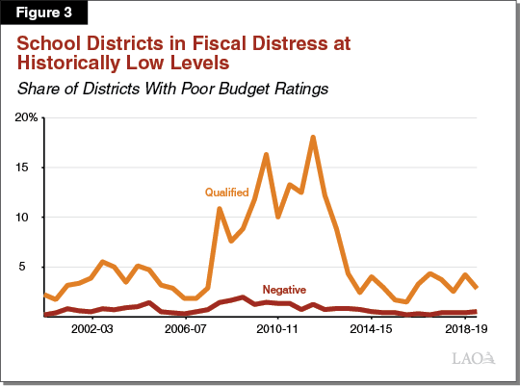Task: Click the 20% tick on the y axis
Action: tap(25, 117)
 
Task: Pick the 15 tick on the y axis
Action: tap(30, 167)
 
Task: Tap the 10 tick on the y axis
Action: tap(30, 218)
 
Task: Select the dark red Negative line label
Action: tap(285, 289)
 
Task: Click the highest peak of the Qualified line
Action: tap(313, 138)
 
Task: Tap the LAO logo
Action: tap(474, 359)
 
